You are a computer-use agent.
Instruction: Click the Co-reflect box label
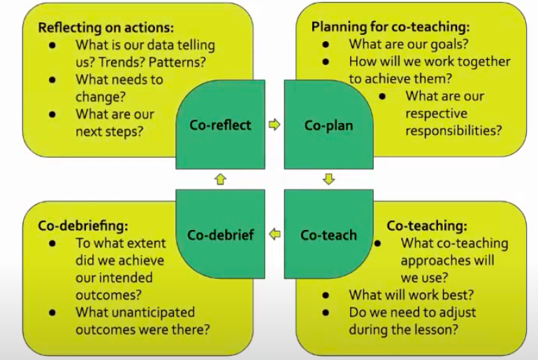click(x=220, y=125)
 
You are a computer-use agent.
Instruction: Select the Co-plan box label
click(x=328, y=126)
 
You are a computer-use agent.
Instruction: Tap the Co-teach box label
click(x=328, y=235)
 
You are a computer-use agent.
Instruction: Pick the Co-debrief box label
click(x=221, y=235)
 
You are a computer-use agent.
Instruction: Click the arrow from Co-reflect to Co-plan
click(x=275, y=124)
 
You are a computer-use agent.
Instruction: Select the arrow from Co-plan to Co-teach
click(x=328, y=179)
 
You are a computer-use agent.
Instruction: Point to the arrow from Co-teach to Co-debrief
click(x=275, y=234)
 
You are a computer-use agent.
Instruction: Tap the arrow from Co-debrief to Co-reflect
click(x=220, y=179)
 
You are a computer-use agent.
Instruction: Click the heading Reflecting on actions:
click(x=106, y=27)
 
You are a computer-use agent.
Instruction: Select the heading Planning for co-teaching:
click(x=391, y=27)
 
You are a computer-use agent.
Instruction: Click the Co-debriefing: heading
click(x=83, y=226)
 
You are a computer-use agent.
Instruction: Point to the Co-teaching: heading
click(x=427, y=226)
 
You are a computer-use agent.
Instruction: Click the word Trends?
click(x=121, y=62)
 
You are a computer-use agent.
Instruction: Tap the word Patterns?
click(x=177, y=62)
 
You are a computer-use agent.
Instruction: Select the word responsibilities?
click(x=453, y=131)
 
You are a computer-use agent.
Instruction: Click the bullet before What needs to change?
click(x=52, y=80)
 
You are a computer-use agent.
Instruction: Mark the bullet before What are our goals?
click(x=326, y=44)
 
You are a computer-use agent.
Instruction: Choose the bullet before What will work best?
click(x=326, y=295)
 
